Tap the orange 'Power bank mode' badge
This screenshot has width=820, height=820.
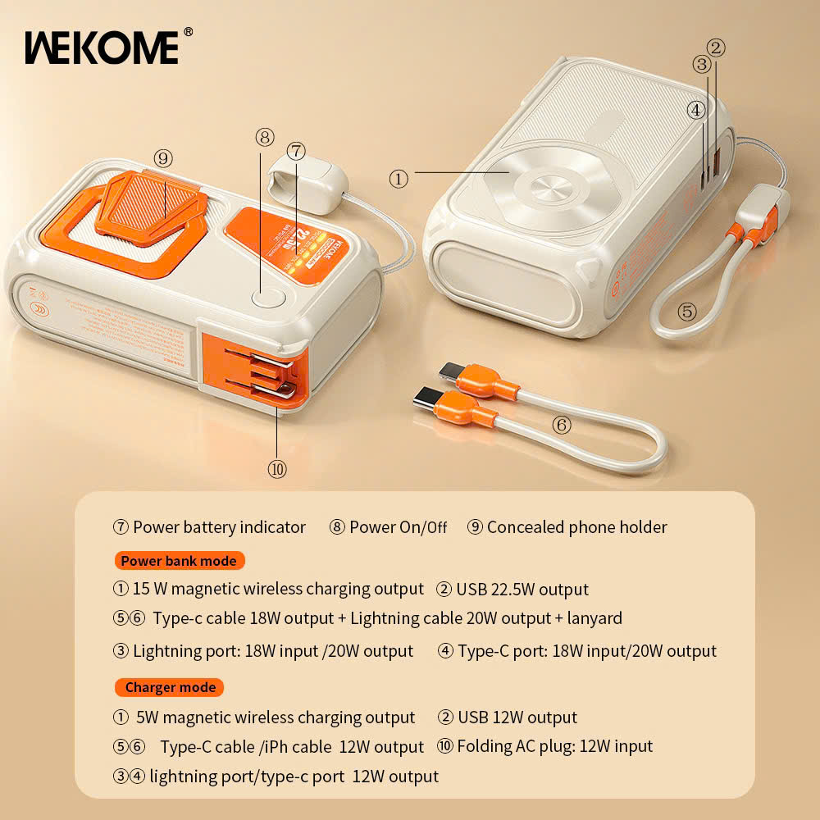[x=179, y=561]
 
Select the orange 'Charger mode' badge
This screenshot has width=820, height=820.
[x=170, y=687]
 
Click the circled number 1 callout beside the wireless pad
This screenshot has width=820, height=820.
[x=399, y=178]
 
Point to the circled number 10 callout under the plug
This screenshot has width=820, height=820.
[x=277, y=469]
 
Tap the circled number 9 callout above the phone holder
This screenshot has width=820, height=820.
[x=162, y=157]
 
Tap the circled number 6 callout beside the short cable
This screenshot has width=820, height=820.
[x=562, y=425]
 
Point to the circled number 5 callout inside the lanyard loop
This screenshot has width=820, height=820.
[x=687, y=312]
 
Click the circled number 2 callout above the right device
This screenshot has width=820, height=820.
[x=716, y=48]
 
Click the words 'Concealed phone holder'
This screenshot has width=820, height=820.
[x=576, y=527]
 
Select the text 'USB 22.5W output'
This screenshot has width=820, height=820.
[x=522, y=590]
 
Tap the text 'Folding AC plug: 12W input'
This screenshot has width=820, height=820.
[x=554, y=746]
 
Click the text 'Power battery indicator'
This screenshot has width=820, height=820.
[x=219, y=527]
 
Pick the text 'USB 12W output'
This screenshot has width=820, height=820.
[x=517, y=717]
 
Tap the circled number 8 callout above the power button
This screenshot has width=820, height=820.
[x=264, y=137]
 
